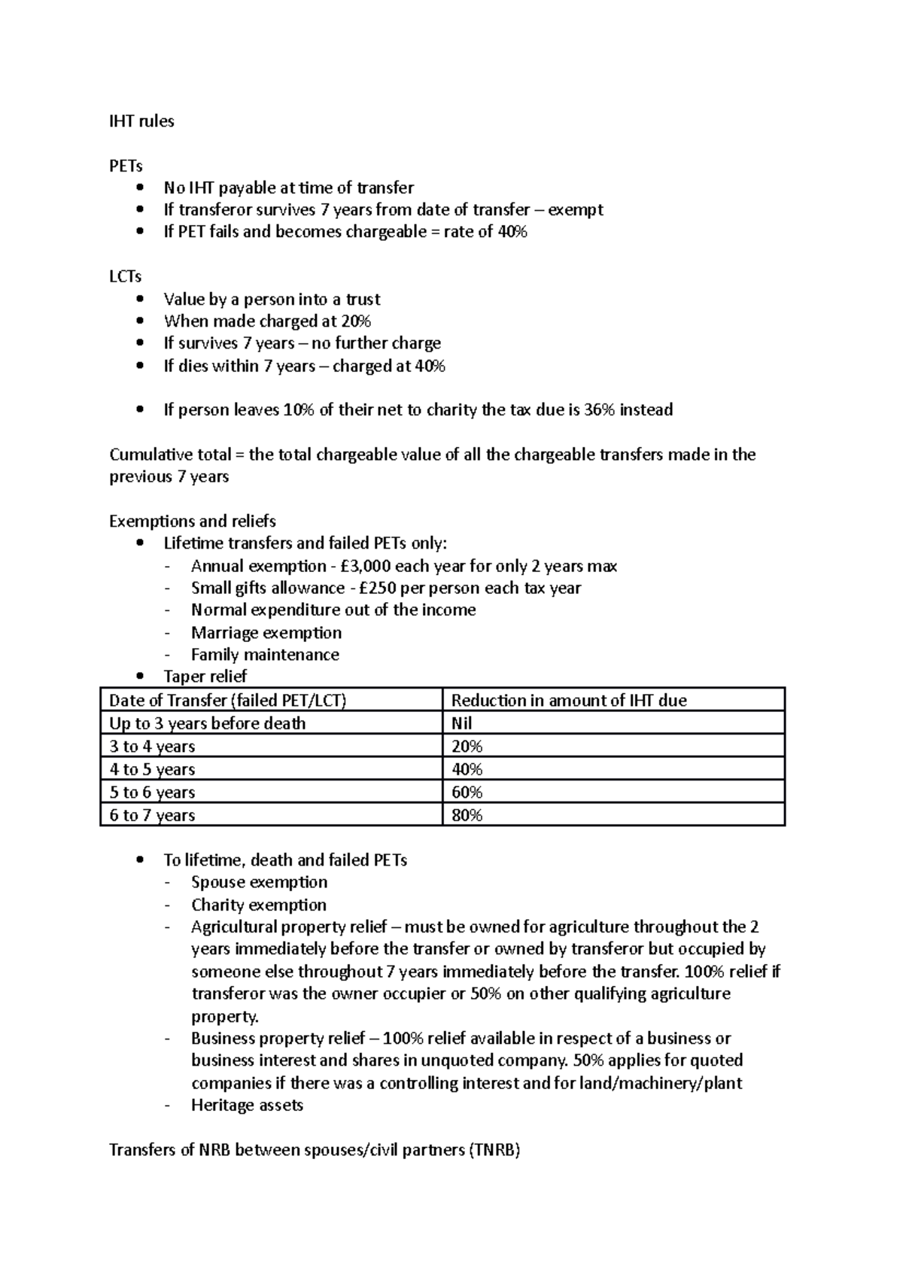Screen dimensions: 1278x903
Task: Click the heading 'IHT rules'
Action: pos(141,121)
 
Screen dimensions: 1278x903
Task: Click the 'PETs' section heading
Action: pos(126,166)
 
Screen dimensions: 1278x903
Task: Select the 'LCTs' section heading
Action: pos(125,277)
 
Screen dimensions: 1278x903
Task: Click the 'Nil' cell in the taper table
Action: pos(461,724)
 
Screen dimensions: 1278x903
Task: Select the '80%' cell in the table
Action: pos(467,815)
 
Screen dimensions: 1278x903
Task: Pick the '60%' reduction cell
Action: pos(467,793)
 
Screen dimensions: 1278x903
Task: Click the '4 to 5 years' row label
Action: pos(152,770)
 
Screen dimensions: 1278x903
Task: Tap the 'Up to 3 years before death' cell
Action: pos(208,724)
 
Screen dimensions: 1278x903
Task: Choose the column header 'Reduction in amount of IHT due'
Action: pos(568,701)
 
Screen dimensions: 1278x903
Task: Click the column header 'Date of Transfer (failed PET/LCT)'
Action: pos(227,701)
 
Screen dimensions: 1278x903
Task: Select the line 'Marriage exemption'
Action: pos(266,633)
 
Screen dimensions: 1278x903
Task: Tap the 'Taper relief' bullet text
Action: pos(205,677)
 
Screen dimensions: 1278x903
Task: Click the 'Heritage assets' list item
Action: pos(247,1106)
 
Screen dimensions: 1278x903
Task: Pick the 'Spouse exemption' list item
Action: pos(259,882)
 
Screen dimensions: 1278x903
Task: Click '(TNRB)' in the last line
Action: pos(492,1151)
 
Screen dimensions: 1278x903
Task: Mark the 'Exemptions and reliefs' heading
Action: pos(193,522)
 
